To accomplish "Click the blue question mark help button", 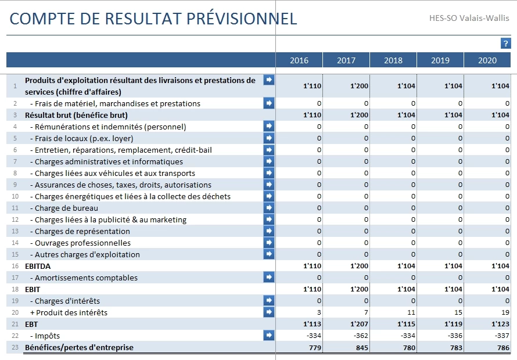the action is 505,43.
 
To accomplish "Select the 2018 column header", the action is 393,60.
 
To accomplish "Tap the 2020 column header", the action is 487,60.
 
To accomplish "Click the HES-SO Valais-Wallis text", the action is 469,18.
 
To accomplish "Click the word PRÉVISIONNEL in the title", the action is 242,18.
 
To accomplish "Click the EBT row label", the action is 31,324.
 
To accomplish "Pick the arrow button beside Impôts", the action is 269,335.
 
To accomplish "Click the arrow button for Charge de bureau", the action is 269,208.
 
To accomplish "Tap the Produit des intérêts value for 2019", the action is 458,312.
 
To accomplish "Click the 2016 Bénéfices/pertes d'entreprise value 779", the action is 315,347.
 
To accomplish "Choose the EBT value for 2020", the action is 500,324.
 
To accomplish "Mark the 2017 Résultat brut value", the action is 359,115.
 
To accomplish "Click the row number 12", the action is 15,219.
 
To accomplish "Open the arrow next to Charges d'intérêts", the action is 269,300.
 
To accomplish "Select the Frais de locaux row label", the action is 81,138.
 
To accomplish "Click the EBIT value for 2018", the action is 406,289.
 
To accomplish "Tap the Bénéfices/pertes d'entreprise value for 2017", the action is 362,347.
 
